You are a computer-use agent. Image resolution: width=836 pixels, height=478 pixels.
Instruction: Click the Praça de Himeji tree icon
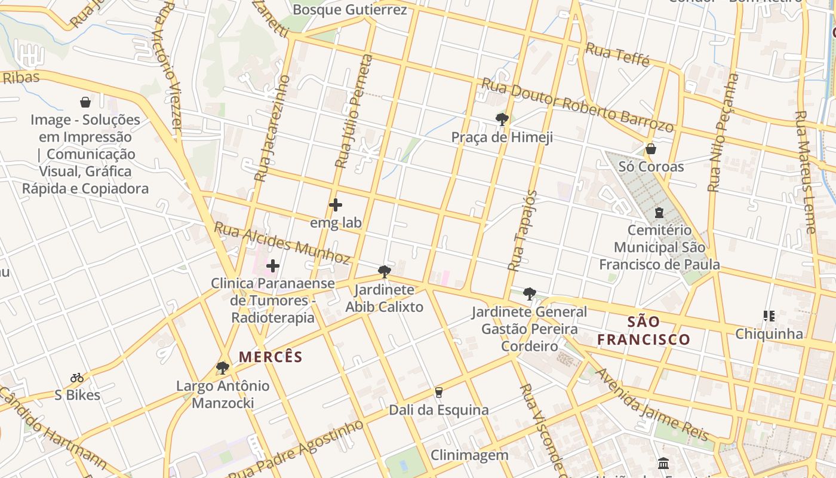click(502, 119)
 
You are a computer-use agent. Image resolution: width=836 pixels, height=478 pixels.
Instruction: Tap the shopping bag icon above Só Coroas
click(651, 148)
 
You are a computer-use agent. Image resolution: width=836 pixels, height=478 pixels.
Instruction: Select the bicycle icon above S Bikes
click(77, 378)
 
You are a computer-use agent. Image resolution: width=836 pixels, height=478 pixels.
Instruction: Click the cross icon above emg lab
click(336, 205)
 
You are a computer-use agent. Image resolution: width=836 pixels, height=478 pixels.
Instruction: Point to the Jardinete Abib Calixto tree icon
click(385, 272)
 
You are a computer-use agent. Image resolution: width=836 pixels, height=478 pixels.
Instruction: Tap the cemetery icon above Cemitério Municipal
click(659, 212)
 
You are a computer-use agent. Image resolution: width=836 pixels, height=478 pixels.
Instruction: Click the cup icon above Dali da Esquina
click(439, 393)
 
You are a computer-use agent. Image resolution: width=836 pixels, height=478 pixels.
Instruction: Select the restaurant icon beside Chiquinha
click(769, 315)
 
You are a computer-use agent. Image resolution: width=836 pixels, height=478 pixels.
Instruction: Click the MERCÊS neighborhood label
click(271, 357)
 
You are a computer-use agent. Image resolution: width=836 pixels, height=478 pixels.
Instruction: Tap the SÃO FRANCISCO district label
click(644, 331)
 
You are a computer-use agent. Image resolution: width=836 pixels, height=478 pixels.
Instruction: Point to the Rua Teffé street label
click(617, 55)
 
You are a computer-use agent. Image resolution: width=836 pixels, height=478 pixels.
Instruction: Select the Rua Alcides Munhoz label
click(282, 243)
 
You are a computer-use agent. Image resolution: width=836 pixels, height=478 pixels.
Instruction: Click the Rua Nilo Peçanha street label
click(723, 133)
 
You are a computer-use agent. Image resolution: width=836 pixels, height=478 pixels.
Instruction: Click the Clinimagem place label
click(469, 455)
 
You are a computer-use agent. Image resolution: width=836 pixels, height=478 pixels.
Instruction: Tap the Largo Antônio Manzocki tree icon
click(223, 367)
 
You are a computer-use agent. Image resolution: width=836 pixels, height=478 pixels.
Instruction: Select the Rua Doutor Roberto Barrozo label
click(577, 105)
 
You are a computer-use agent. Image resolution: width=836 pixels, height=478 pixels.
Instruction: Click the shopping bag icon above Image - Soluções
click(85, 102)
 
